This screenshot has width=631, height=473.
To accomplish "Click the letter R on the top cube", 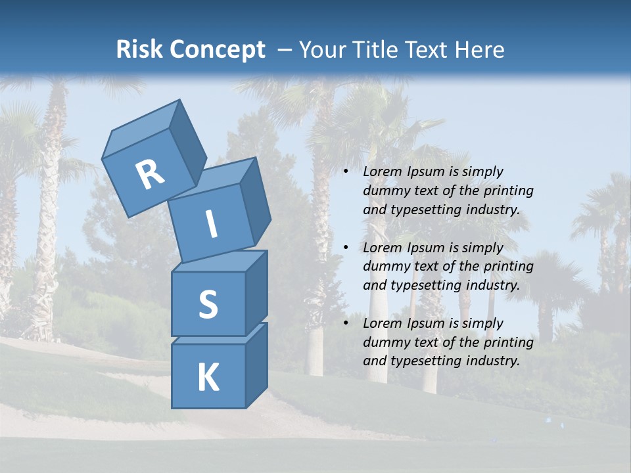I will coord(150,175).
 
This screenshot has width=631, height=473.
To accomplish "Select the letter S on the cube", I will coord(208,304).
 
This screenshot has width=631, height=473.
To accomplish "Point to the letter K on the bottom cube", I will coord(208,378).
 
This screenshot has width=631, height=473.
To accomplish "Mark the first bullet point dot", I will coord(346,172).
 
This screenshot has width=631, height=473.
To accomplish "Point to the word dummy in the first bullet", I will coord(384,191).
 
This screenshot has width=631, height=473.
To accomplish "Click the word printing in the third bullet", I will coord(508,342).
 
